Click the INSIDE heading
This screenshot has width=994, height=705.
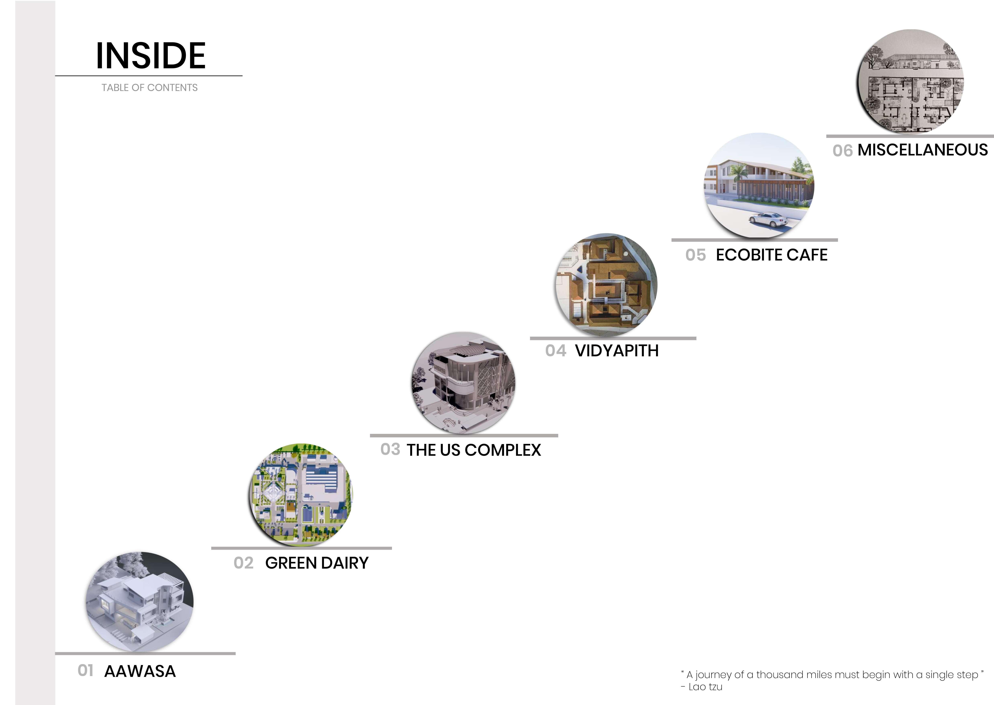pos(151,56)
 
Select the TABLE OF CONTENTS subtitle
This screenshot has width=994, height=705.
pos(149,88)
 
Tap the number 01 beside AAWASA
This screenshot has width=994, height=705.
pos(86,671)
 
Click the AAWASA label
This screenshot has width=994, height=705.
pos(140,672)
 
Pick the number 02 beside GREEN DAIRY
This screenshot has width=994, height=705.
pos(243,563)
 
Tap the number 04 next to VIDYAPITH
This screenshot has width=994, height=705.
pos(556,351)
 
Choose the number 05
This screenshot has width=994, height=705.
pos(695,255)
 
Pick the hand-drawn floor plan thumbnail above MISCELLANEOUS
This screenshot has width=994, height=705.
pos(910,82)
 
